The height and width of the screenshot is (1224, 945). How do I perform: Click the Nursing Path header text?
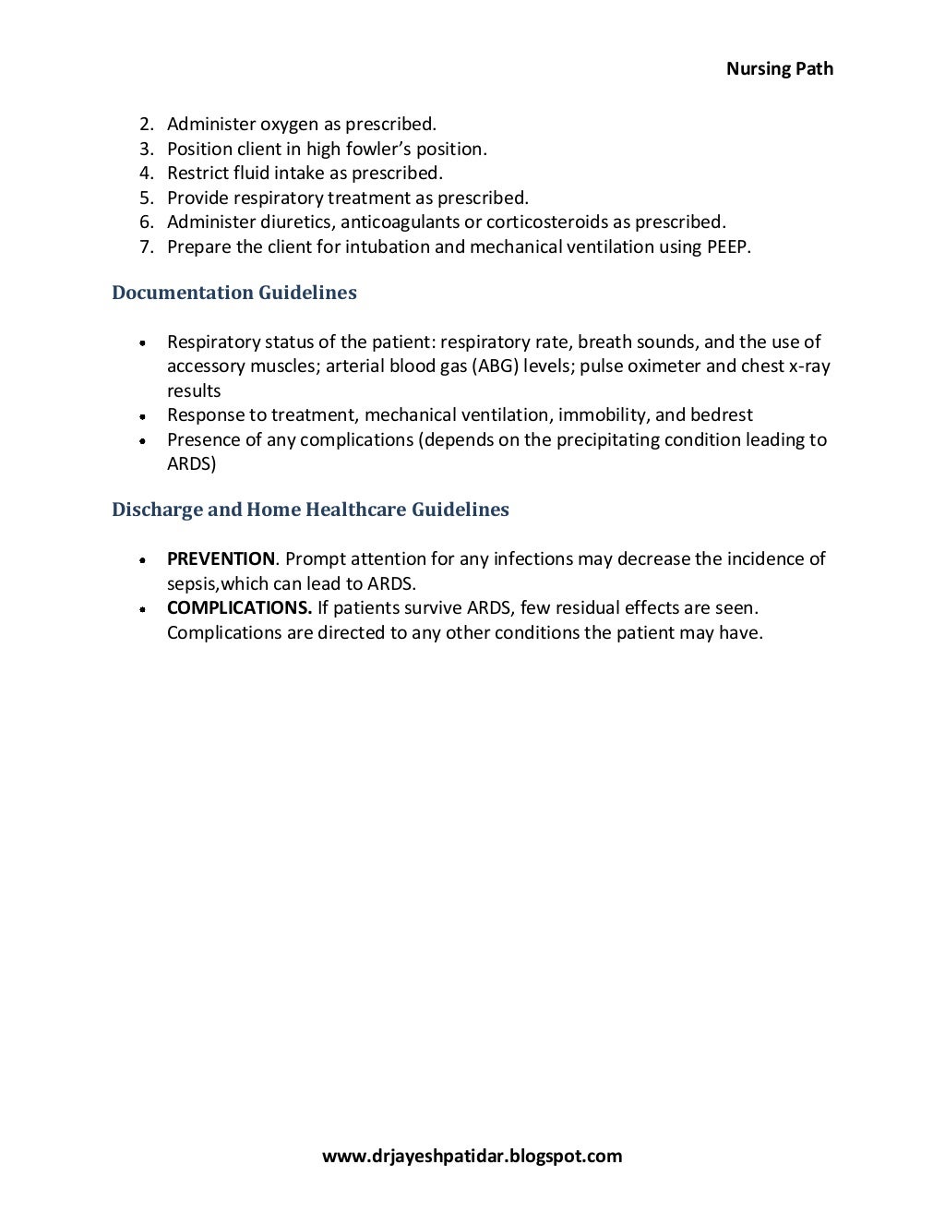point(779,68)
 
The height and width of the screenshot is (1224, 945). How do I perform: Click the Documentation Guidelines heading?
point(233,293)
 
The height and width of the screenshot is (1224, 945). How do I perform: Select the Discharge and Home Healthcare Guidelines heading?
point(310,510)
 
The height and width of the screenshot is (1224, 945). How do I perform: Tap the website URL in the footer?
point(472,1156)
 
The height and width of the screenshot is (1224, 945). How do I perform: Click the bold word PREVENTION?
point(221,558)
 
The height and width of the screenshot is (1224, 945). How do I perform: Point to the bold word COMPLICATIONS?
point(239,607)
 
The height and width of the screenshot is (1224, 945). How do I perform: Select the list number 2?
point(146,124)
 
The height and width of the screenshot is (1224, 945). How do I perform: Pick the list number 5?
point(146,198)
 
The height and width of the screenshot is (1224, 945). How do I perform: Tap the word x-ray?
point(809,366)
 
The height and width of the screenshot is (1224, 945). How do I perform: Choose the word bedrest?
point(722,414)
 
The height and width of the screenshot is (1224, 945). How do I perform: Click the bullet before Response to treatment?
point(143,416)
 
